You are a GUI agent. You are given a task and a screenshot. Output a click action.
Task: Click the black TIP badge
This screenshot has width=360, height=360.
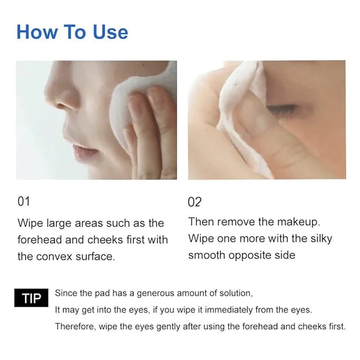(x=31, y=298)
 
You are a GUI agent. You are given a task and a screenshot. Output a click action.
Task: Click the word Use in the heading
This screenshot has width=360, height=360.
(x=110, y=32)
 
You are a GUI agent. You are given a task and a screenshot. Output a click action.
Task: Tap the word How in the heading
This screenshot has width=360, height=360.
(x=37, y=32)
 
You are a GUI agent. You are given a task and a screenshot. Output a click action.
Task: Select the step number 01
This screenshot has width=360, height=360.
(x=24, y=201)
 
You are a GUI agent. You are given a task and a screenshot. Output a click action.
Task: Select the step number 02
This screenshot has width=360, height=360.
(x=195, y=202)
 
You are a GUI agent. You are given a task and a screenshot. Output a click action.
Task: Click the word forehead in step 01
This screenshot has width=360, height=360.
(x=39, y=240)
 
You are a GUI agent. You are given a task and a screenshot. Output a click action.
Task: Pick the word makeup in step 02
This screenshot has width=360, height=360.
(x=298, y=222)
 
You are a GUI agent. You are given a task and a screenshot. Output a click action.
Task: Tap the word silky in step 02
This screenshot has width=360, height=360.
(x=321, y=239)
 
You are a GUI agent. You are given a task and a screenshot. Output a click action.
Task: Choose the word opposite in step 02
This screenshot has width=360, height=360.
(x=249, y=255)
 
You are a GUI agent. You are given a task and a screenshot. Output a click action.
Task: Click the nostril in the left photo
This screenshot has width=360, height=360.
(x=62, y=106)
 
